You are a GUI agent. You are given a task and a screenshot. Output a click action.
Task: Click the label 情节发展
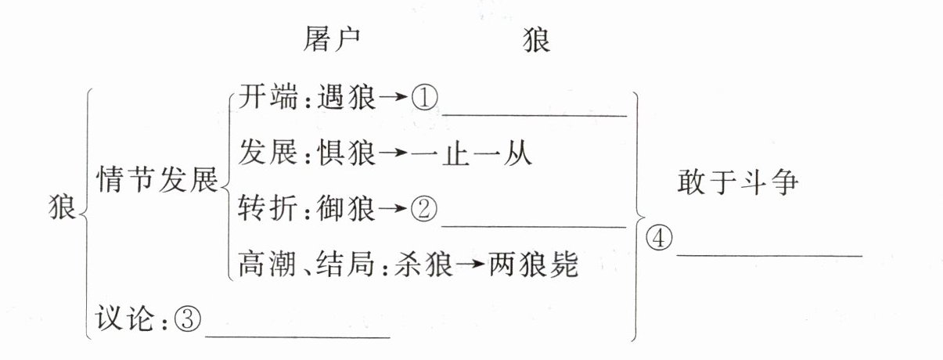(x=157, y=182)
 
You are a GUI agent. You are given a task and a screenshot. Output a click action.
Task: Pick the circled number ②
(x=425, y=208)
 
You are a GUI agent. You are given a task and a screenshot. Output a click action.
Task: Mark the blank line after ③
(x=297, y=337)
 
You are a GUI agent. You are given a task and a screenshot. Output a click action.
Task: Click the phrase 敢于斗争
(x=737, y=182)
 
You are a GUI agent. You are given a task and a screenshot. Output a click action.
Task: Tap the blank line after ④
(x=768, y=254)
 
